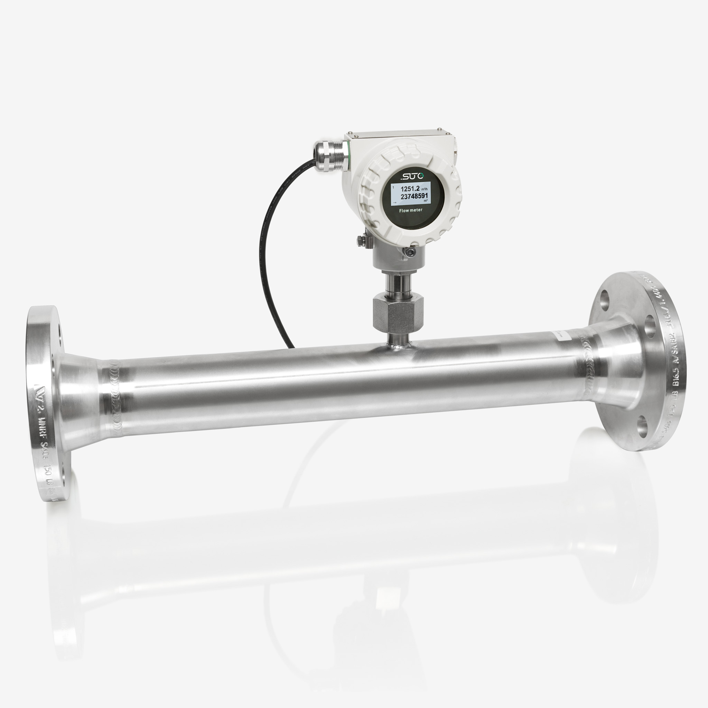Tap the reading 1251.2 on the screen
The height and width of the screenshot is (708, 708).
(x=410, y=189)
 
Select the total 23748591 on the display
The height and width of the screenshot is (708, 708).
(x=414, y=196)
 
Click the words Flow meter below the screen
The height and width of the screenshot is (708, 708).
(x=410, y=210)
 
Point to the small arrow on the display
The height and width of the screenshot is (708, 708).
(x=394, y=202)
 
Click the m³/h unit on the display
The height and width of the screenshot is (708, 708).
(x=425, y=189)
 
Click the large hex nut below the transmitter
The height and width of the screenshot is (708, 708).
(x=398, y=312)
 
